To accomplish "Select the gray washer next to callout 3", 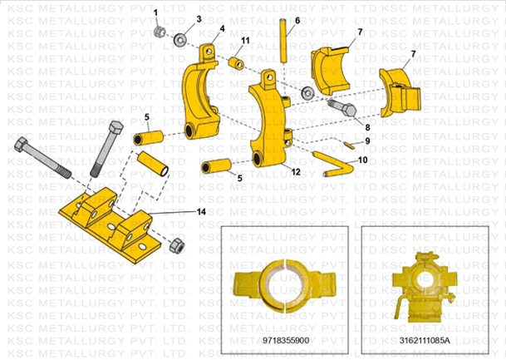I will (x=180, y=37).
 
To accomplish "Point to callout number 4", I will (x=222, y=27).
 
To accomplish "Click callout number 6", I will (x=297, y=19).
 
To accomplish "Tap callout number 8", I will (x=366, y=127).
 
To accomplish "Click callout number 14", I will (x=201, y=213).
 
